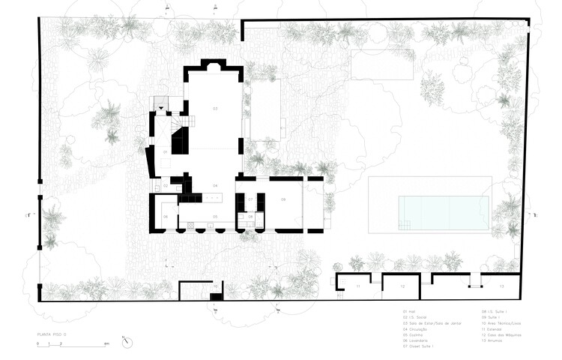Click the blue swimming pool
pos(444,213)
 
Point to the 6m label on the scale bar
pos(107,343)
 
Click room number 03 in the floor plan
pos(215,109)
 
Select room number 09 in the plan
pos(283,199)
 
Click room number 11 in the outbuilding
pos(358,287)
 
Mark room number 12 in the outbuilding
pos(402,287)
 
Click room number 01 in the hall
pos(166,151)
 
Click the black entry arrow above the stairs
pos(160,109)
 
